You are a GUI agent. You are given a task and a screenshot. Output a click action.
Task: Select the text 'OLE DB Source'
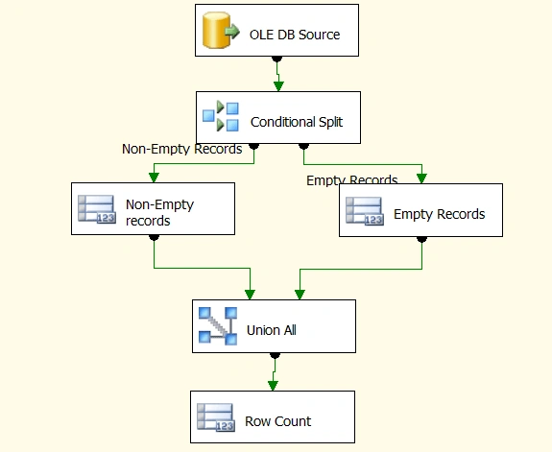click(295, 35)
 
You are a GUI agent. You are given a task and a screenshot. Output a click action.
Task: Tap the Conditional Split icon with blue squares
click(221, 116)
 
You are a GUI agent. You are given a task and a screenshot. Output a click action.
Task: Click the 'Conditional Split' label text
click(297, 122)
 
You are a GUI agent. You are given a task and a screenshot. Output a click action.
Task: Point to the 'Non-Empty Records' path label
click(182, 149)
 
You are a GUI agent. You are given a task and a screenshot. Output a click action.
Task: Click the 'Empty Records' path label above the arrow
click(352, 179)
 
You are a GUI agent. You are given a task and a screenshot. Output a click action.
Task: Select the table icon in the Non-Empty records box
click(97, 209)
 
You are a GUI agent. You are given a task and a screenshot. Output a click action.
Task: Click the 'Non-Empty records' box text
click(159, 212)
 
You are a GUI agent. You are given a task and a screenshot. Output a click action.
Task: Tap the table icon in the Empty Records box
click(365, 211)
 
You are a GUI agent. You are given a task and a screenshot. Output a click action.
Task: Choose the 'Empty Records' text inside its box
click(440, 214)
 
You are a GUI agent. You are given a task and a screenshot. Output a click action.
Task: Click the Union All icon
click(218, 326)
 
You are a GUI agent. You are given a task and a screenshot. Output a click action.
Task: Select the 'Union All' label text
click(272, 330)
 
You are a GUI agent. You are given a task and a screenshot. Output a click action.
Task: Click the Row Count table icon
click(216, 417)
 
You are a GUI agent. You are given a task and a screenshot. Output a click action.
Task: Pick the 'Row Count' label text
click(278, 421)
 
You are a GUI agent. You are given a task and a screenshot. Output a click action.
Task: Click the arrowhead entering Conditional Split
click(278, 86)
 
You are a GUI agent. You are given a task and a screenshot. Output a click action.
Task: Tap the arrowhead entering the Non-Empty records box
click(154, 178)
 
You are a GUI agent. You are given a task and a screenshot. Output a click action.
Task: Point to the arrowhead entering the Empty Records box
click(421, 178)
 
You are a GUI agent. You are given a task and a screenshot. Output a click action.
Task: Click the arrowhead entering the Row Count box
click(273, 386)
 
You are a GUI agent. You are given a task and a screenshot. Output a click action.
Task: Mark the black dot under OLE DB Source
click(277, 59)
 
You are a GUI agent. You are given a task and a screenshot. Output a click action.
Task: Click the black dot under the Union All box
click(275, 355)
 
